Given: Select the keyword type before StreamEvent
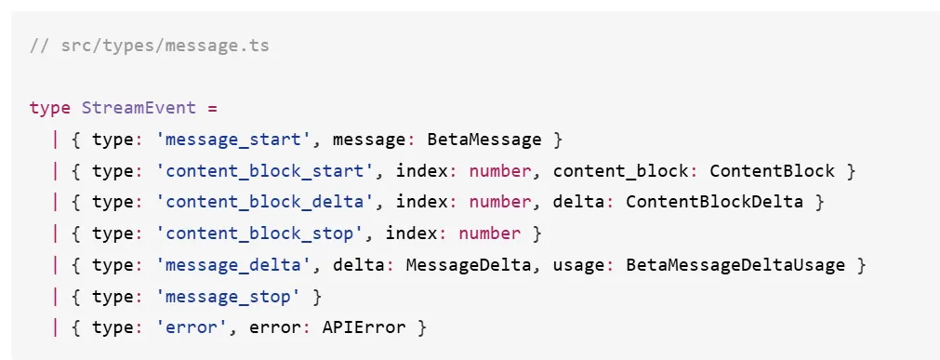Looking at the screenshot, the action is (x=50, y=109).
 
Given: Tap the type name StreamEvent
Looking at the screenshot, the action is (x=139, y=108).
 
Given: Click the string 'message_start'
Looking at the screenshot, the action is (x=232, y=140).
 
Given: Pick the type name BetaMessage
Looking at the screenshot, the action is (x=483, y=140).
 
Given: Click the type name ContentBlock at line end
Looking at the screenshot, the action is (x=772, y=171).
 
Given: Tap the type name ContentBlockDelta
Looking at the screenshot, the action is (x=714, y=202).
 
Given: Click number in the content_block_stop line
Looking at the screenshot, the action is (x=490, y=233).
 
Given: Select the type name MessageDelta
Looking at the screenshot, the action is (x=469, y=264).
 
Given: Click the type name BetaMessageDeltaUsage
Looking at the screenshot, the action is (x=735, y=264).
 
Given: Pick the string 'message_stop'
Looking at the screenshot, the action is (x=228, y=297).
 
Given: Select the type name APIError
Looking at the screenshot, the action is (x=364, y=327).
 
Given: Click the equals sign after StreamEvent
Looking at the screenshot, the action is (x=212, y=109).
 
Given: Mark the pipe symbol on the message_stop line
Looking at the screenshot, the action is (x=56, y=297).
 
